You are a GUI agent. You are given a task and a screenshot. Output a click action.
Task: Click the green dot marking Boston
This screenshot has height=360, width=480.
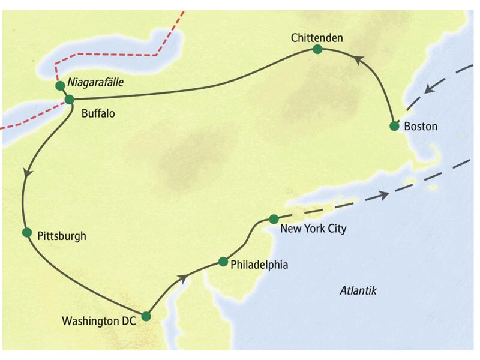394,126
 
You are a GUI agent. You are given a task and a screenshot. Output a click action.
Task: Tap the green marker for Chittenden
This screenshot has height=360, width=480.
317,50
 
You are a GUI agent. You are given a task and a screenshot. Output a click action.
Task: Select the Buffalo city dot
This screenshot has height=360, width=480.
69,100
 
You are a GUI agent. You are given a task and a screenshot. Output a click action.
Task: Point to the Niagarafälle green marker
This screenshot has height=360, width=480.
60,86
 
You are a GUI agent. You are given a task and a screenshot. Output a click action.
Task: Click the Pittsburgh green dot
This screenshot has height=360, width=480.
26,232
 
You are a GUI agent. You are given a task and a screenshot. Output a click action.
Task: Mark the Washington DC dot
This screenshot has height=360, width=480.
145,316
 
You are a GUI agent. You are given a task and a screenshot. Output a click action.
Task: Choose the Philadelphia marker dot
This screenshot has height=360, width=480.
223,262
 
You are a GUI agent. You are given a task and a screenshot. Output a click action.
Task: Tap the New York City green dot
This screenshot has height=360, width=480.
274,219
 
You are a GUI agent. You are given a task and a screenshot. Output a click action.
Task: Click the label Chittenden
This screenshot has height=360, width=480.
317,38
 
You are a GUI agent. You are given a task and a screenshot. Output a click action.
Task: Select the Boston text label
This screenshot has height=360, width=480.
421,127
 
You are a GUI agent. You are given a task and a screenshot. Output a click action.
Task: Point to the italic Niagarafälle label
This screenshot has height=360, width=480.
95,83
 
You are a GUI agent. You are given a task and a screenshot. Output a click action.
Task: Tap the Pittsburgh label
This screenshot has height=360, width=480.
61,236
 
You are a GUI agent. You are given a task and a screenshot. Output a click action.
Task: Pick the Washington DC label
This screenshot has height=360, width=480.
100,321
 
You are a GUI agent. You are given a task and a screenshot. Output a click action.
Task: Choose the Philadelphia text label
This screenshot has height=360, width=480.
259,265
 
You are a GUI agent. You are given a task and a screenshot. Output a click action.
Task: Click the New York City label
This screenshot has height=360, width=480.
313,229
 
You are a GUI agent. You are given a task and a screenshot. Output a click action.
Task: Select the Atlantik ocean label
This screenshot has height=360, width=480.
358,290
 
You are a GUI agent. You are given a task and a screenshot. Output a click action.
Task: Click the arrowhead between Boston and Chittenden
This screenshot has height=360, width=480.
358,60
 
